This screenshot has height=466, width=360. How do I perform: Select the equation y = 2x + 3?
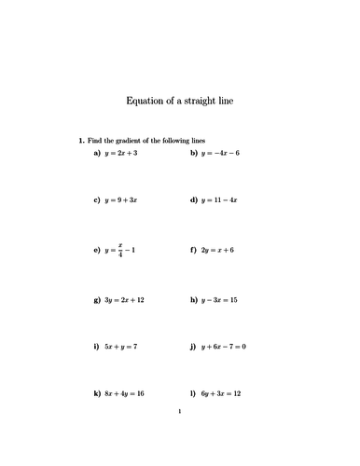121,151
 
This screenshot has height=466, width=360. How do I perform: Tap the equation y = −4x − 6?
220,151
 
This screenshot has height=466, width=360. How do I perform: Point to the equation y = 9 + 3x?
121,200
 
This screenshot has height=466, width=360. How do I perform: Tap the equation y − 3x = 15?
219,300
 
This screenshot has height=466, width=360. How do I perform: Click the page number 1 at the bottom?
180,433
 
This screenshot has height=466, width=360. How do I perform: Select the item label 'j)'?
191,347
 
